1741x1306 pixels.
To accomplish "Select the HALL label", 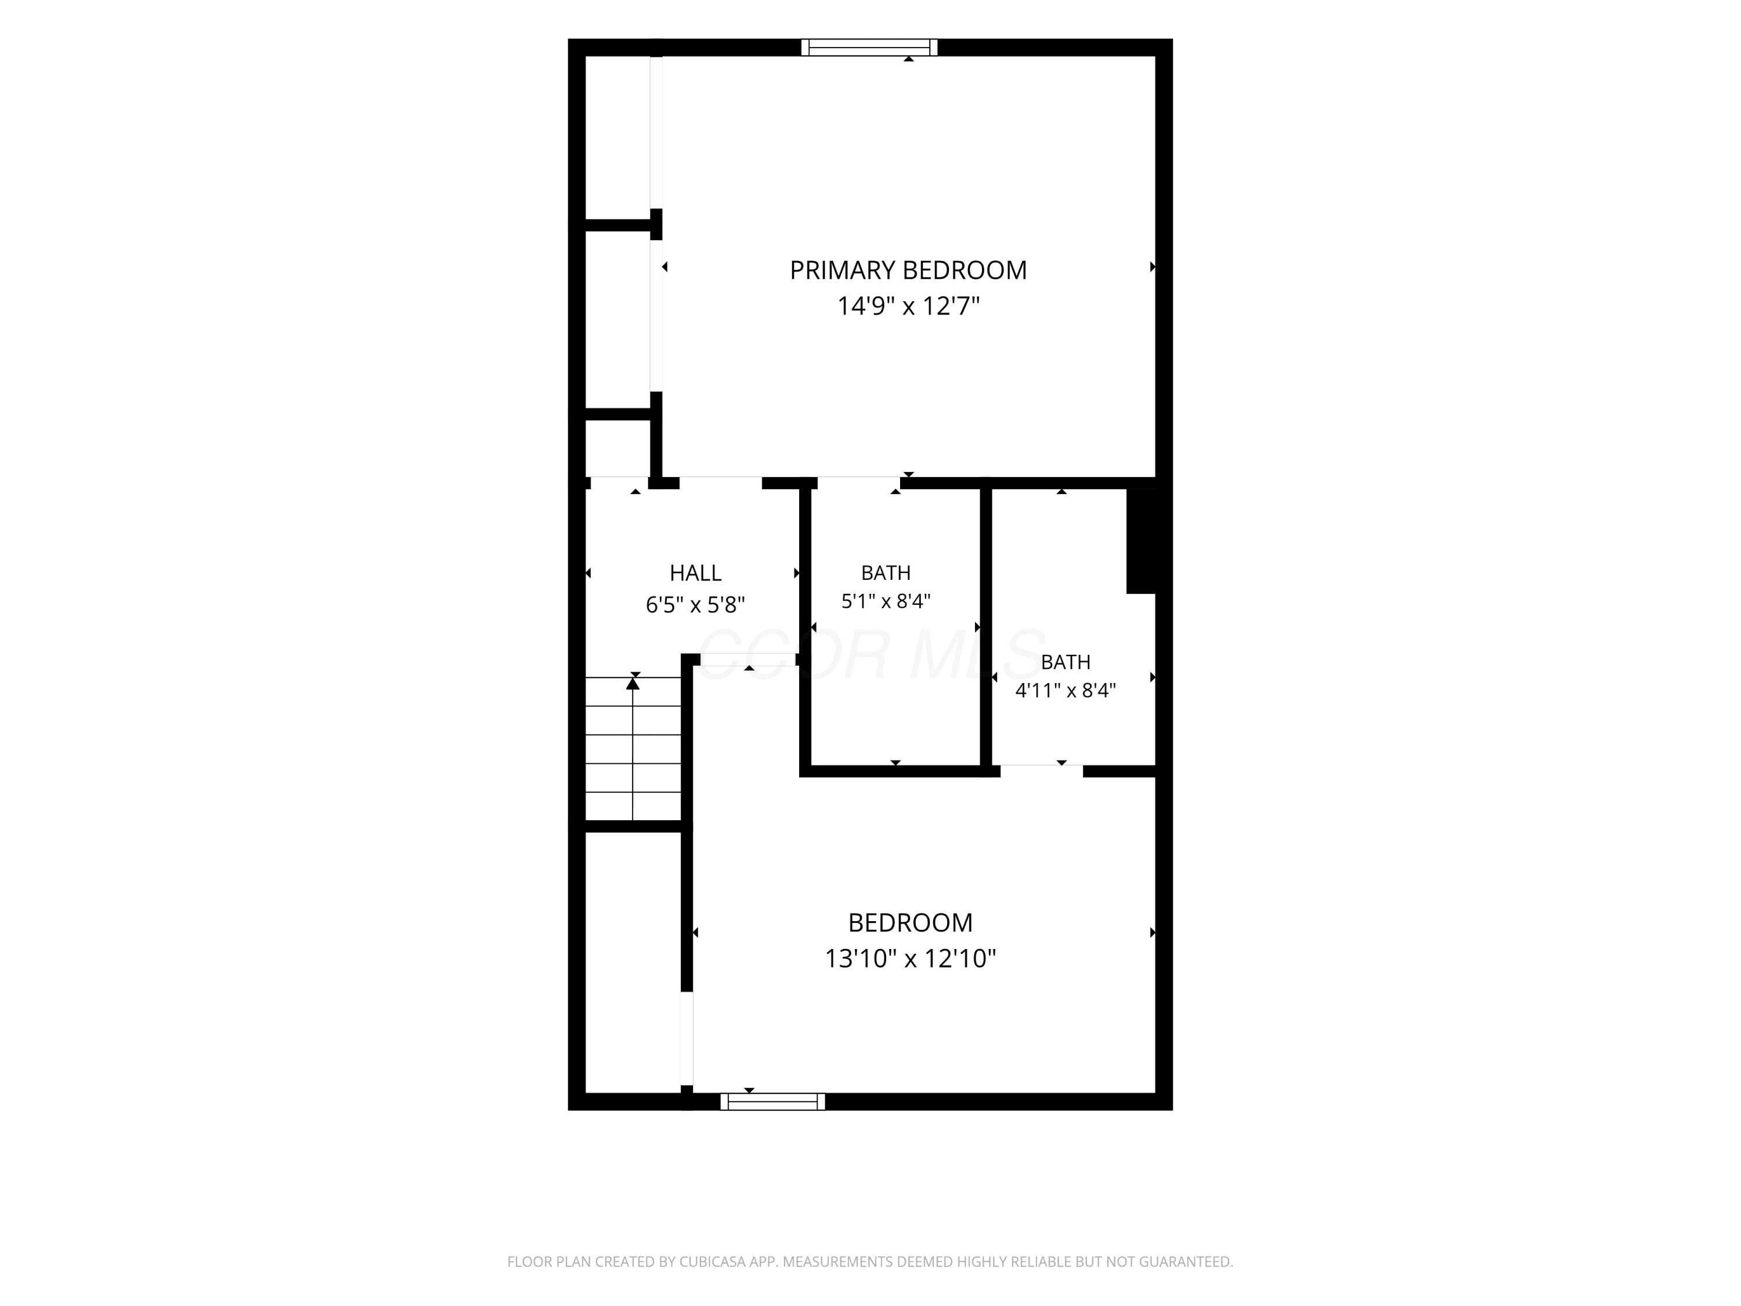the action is click(x=696, y=573).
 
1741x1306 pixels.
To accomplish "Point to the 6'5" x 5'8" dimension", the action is click(x=696, y=605).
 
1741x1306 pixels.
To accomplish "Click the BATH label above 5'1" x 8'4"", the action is click(x=886, y=573).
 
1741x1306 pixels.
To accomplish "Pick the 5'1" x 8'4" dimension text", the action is click(x=886, y=601).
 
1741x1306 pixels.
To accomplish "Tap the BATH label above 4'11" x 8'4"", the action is click(x=1065, y=662).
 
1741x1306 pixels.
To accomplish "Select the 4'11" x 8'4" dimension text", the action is click(x=1065, y=690).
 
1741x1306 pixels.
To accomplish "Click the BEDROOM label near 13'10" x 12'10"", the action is click(x=911, y=923).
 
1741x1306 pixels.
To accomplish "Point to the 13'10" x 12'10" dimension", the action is click(x=911, y=959).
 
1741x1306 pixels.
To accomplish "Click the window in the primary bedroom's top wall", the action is click(x=870, y=47).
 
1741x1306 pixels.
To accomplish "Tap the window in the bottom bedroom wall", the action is click(x=773, y=1102).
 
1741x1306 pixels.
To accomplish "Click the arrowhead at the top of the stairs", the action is click(x=633, y=683).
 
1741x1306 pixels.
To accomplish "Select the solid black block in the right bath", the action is click(x=1142, y=541).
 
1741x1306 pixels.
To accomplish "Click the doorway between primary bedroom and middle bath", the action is click(x=859, y=482).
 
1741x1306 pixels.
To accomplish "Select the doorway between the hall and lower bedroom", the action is click(x=747, y=660).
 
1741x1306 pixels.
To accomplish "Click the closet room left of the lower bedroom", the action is click(x=633, y=962).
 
